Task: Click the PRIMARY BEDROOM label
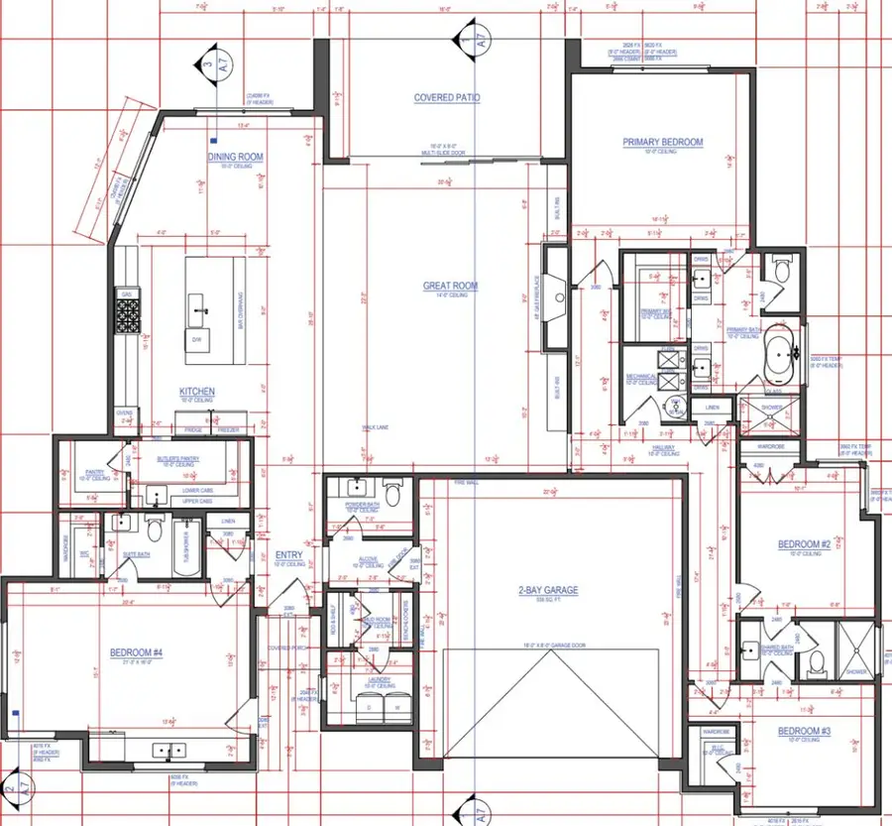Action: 662,142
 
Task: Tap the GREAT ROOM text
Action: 450,287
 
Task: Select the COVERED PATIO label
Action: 446,98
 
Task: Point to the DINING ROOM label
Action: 235,157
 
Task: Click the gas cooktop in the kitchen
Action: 128,316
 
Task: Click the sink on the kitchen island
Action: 204,310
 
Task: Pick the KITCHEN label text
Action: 197,392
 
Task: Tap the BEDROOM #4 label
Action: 136,651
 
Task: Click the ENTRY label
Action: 288,555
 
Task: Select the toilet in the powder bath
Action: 392,492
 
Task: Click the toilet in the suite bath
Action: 155,530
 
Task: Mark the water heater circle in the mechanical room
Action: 676,405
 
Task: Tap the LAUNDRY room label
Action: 379,679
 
